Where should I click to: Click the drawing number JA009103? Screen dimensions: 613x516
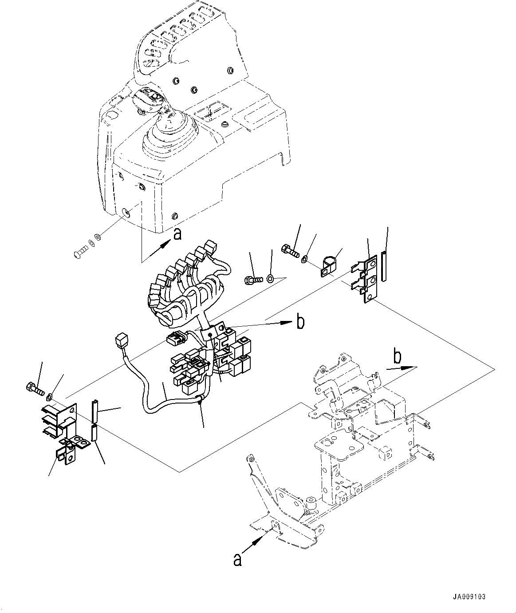pos(469,597)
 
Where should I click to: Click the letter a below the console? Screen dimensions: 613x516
pos(177,233)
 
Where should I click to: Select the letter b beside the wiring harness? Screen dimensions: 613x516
pos(300,322)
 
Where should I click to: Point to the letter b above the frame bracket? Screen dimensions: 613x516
pos(398,357)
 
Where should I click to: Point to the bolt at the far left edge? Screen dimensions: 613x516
pos(35,389)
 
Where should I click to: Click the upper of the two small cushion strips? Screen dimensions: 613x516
pos(95,411)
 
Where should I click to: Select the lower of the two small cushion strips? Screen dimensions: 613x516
pos(95,433)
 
